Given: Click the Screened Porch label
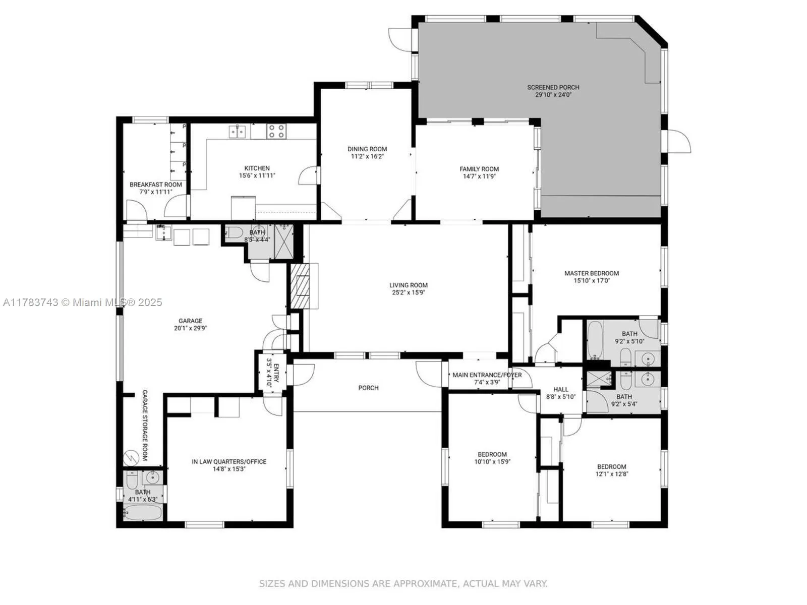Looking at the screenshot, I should coord(553,87).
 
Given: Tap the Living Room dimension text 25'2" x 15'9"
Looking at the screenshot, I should coord(409,292).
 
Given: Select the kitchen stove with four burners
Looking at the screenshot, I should coord(276,131).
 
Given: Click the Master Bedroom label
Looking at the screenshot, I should coord(591,273).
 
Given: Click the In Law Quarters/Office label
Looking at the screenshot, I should coord(229,461).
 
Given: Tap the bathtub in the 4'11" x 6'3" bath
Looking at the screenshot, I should coord(143,513).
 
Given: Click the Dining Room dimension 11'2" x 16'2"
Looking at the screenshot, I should coord(367,156).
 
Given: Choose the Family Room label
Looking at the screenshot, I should coord(479,169).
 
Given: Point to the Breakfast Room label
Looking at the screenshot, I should coord(155,185).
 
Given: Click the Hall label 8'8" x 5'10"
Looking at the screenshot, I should coord(560,393).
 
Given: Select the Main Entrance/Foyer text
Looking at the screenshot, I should coord(487,375).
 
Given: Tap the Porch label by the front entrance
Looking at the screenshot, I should coord(368,388).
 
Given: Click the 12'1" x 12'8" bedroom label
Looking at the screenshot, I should coord(611,470).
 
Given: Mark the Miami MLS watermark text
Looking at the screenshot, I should coord(83,302).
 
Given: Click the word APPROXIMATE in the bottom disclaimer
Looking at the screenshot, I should coord(425,584).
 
